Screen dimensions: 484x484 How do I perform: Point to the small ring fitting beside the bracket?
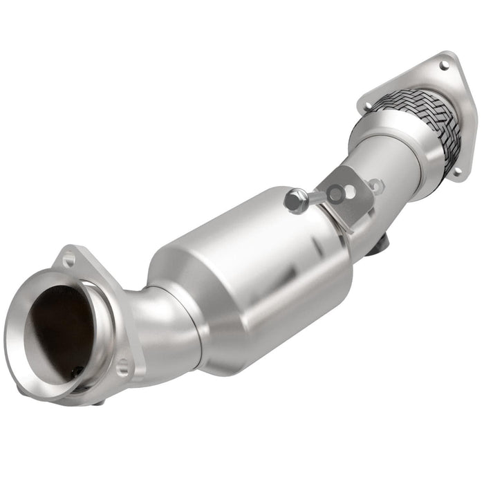point(375,185)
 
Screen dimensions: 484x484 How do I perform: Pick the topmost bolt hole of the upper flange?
point(443,65)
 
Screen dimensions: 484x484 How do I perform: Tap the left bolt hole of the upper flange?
point(368,106)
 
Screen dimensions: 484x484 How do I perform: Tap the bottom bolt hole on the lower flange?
point(122,367)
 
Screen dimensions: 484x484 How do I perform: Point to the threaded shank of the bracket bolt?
point(315,198)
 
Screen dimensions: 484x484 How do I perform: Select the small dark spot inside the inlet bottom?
point(74,374)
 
